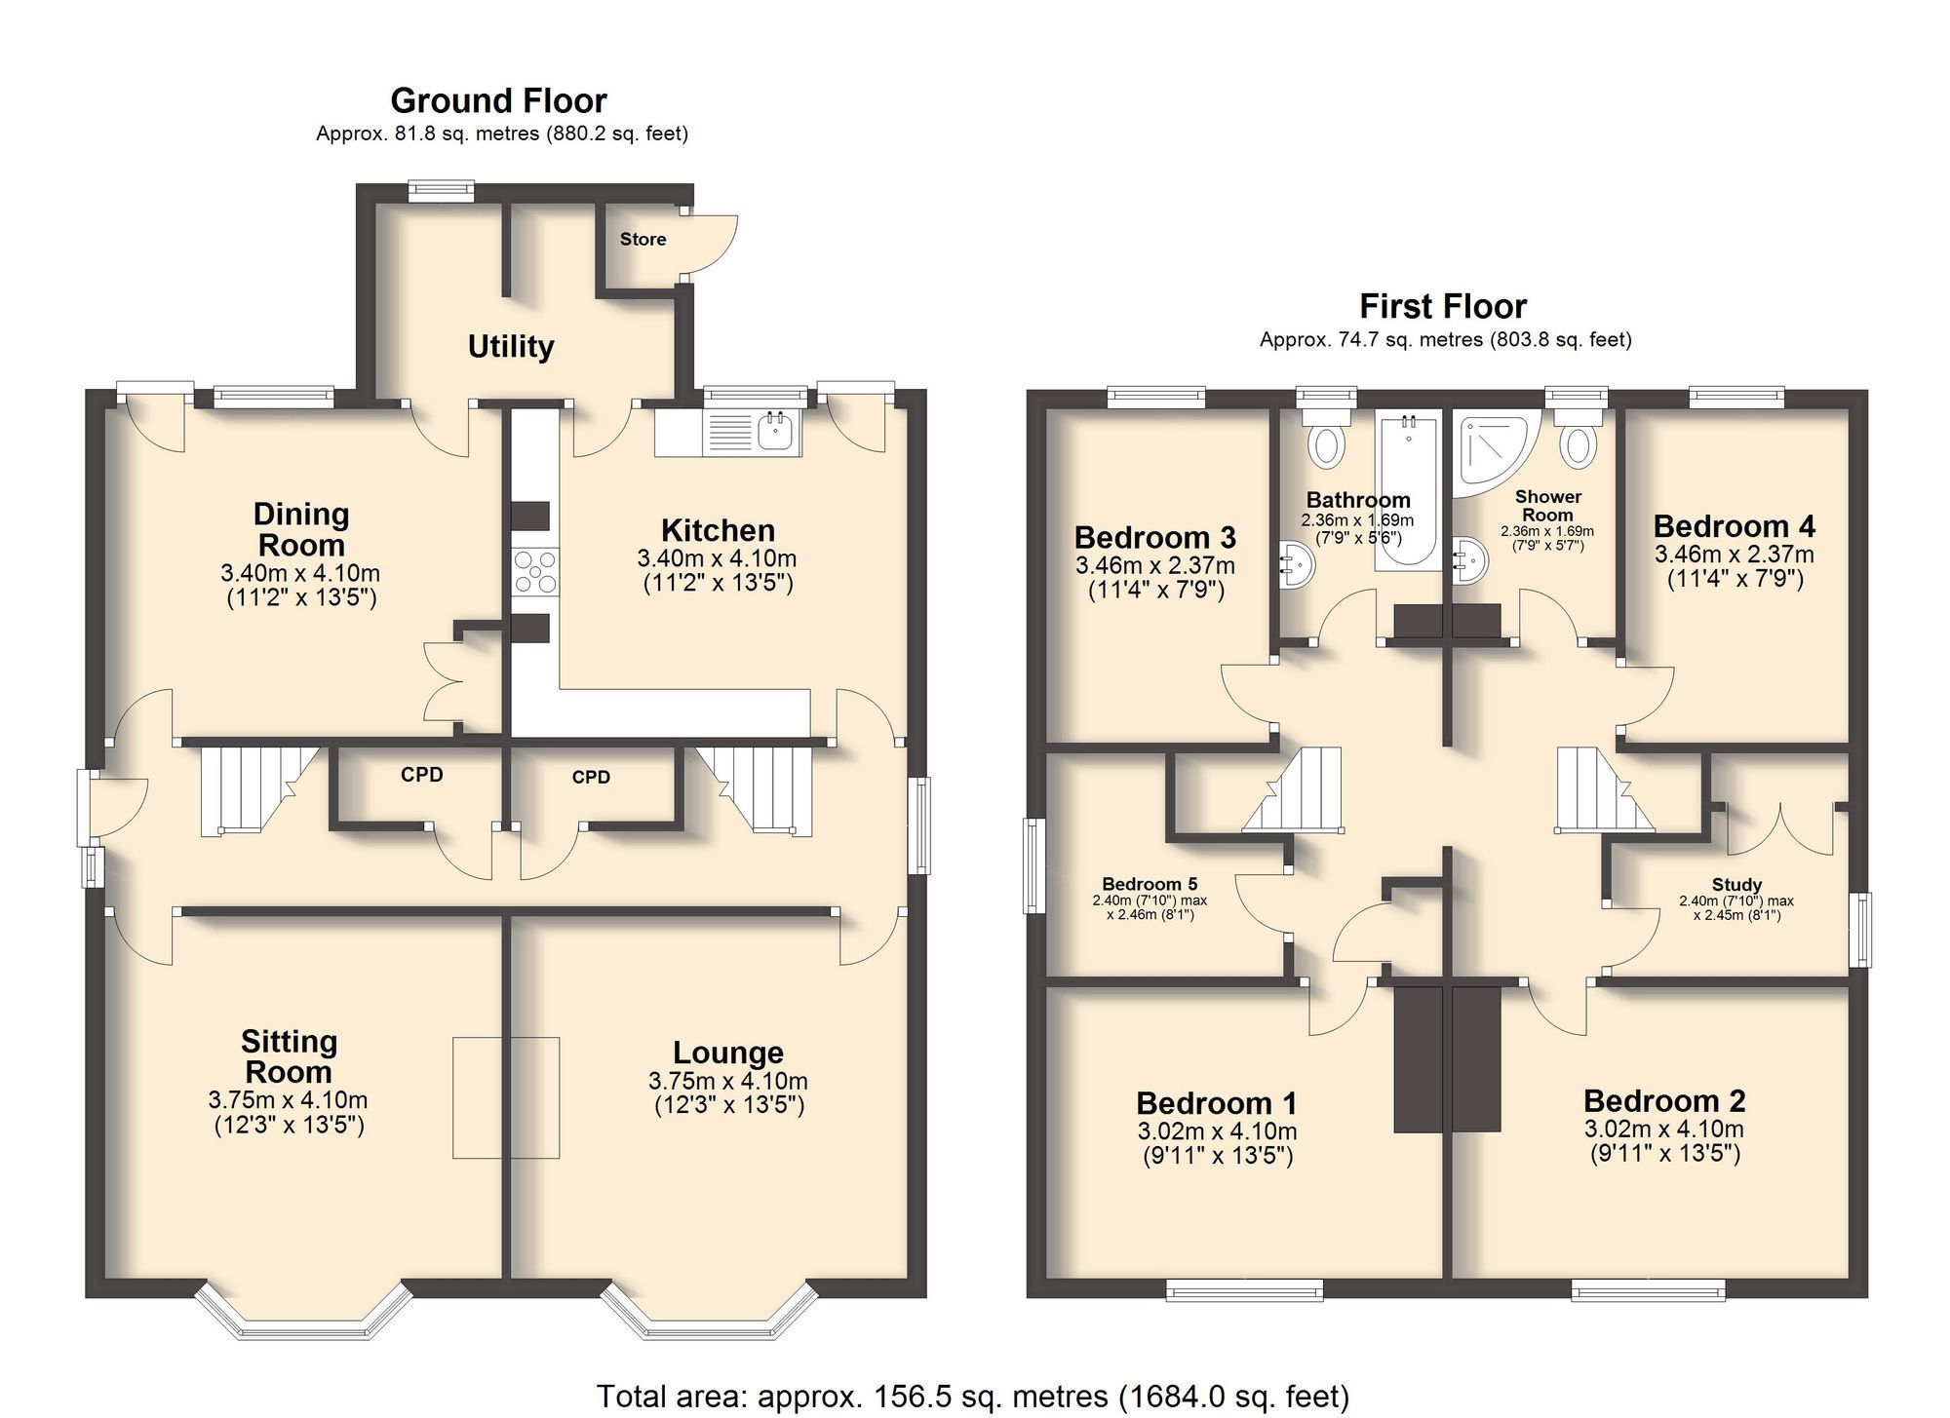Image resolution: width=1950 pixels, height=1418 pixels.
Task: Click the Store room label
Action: [643, 239]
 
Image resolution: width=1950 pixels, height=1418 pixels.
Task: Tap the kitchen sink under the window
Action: [776, 432]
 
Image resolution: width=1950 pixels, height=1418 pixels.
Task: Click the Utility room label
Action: [511, 346]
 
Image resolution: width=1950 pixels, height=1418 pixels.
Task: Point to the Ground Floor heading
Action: [498, 100]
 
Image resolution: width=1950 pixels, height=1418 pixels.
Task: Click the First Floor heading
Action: [1442, 306]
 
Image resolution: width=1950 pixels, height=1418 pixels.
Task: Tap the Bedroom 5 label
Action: [1150, 884]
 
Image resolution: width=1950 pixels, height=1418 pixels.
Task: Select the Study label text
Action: [1736, 885]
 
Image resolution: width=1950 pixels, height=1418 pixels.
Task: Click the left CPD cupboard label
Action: [421, 775]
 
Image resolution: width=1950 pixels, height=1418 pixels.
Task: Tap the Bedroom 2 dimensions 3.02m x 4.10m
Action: [1663, 1129]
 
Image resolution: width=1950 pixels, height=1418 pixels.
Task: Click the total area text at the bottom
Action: [972, 1396]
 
